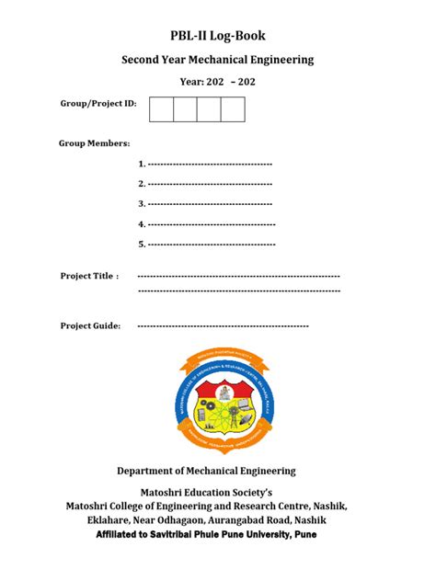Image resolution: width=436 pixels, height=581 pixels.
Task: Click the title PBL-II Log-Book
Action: click(218, 36)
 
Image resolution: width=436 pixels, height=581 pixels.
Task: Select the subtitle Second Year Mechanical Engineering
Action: click(218, 60)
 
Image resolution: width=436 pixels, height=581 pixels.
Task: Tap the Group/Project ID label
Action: click(98, 104)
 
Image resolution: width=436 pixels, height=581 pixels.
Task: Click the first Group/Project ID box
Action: click(161, 109)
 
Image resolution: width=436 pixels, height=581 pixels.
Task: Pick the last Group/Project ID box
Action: click(233, 109)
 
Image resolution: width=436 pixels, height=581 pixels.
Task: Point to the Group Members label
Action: click(94, 143)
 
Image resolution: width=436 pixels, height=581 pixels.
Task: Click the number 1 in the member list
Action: click(141, 164)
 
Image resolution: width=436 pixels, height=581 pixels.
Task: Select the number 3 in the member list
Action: click(141, 204)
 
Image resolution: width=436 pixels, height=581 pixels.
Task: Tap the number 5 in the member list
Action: click(141, 245)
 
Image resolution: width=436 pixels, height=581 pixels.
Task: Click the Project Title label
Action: click(89, 276)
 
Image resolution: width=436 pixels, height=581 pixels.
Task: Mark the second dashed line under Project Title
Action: click(238, 290)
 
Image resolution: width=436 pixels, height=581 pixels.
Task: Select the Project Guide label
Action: click(90, 325)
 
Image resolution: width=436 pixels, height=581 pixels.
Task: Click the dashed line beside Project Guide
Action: click(223, 325)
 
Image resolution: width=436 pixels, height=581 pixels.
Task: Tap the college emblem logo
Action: click(218, 396)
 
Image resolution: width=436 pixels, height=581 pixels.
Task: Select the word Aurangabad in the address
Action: click(246, 520)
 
